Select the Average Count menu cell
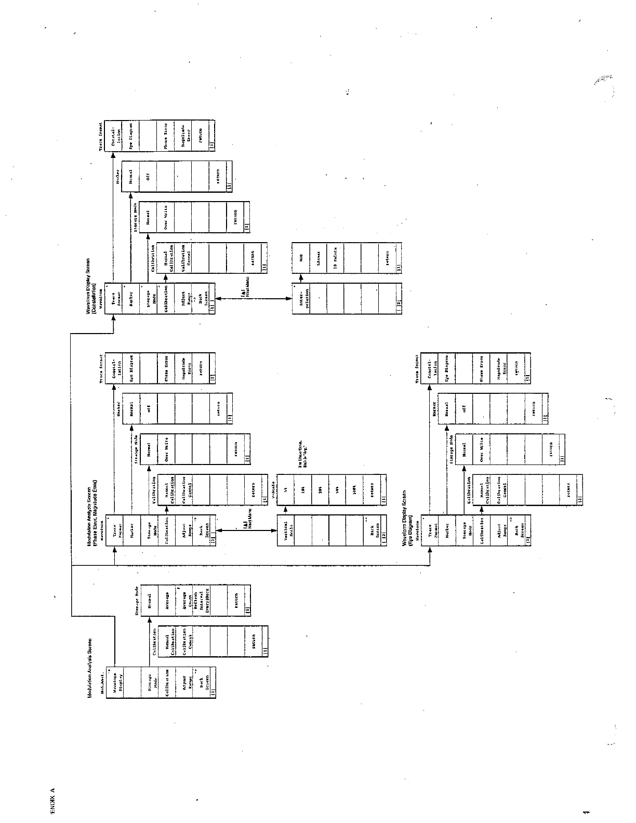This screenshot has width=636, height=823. pos(183,598)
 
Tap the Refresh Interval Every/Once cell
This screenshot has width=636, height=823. pos(201,598)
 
